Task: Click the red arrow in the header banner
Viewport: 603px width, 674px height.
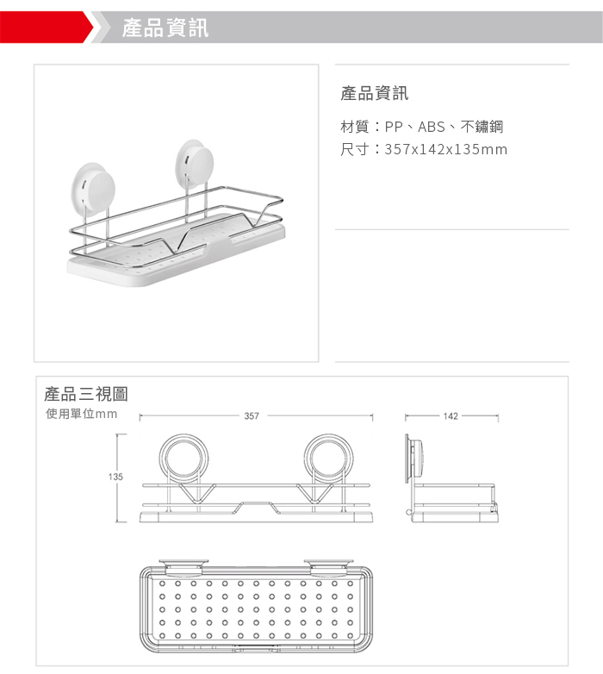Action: point(47,27)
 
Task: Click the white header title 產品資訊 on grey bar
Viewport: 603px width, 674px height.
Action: point(165,28)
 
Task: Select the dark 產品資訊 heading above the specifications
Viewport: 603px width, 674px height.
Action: point(375,93)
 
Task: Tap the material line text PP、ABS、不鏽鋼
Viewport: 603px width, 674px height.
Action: point(444,127)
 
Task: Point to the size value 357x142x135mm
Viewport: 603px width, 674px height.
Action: point(446,149)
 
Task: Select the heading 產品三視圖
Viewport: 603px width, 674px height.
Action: point(86,394)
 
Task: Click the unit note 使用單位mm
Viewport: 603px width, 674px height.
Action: point(82,414)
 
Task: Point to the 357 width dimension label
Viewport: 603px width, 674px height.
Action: point(252,416)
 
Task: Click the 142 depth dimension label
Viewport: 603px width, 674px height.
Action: point(451,416)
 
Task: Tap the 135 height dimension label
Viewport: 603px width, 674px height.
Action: point(115,477)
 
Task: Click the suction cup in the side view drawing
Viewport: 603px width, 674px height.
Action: point(413,459)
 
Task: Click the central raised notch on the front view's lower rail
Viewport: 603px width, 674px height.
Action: point(257,504)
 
